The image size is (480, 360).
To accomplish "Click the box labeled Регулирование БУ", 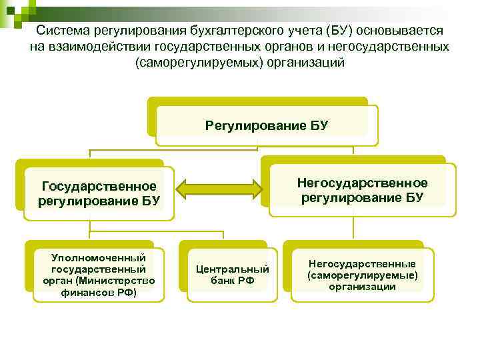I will pyautogui.click(x=267, y=125).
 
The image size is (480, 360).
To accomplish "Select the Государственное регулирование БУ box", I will pyautogui.click(x=99, y=193).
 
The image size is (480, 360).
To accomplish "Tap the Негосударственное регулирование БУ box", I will pyautogui.click(x=362, y=189).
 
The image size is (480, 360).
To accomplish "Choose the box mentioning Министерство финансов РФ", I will pyautogui.click(x=99, y=275).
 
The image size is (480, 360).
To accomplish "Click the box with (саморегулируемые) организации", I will pyautogui.click(x=362, y=275).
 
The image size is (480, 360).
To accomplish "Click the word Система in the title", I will pyautogui.click(x=61, y=31).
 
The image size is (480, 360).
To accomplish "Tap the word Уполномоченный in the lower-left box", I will pyautogui.click(x=99, y=258).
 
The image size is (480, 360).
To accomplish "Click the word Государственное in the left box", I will pyautogui.click(x=99, y=185).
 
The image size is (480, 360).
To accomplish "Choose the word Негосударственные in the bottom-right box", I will pyautogui.click(x=362, y=264).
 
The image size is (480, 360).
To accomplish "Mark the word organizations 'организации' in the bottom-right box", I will pyautogui.click(x=362, y=286).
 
